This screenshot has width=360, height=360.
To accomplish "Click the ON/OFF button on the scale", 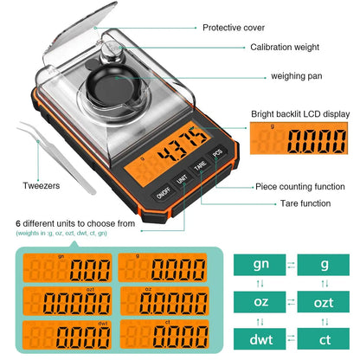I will tap(164, 195).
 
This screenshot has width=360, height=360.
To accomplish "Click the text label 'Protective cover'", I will tap(234, 28).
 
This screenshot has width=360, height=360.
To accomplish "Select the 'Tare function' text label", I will tap(292, 203).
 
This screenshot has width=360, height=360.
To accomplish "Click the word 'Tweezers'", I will tap(41, 185).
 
